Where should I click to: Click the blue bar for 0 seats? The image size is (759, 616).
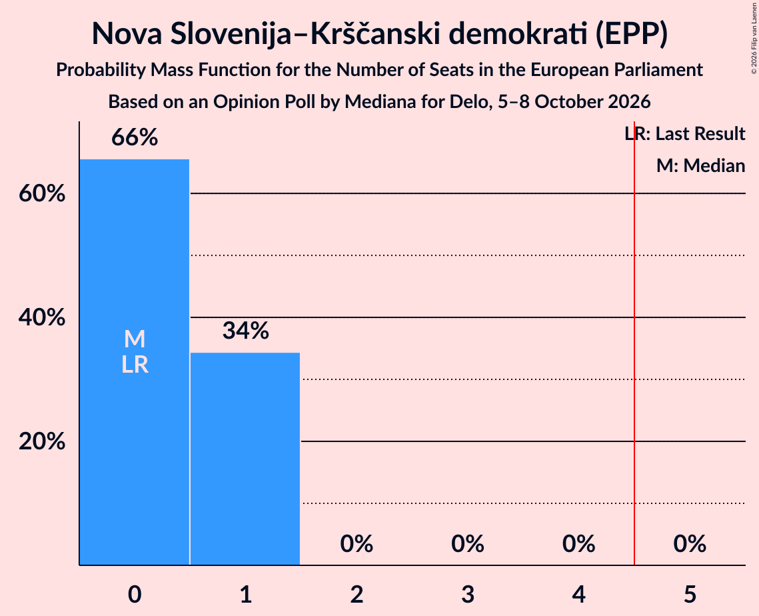[x=135, y=362]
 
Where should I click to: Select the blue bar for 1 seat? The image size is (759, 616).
[x=245, y=459]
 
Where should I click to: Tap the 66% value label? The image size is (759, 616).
[x=135, y=137]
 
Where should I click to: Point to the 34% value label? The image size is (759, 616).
[x=245, y=331]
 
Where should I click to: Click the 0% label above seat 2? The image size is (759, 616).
[x=357, y=544]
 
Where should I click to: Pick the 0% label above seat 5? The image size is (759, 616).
[x=690, y=544]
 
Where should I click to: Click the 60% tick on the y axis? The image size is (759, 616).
[x=42, y=194]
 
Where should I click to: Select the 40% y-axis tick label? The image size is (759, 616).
[x=42, y=318]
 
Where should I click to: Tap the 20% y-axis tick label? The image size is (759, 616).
[x=42, y=441]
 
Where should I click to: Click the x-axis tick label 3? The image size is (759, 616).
[x=468, y=595]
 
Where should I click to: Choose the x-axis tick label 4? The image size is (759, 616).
[x=579, y=595]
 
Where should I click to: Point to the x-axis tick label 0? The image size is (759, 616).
[x=135, y=595]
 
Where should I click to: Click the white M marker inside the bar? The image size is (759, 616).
[x=135, y=339]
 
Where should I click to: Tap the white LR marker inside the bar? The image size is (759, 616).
[x=135, y=365]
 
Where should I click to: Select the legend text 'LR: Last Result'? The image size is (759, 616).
[x=685, y=133]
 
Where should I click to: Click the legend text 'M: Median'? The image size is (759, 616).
[x=701, y=166]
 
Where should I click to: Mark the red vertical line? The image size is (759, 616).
[x=634, y=343]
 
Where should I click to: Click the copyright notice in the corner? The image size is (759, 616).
[x=754, y=38]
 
